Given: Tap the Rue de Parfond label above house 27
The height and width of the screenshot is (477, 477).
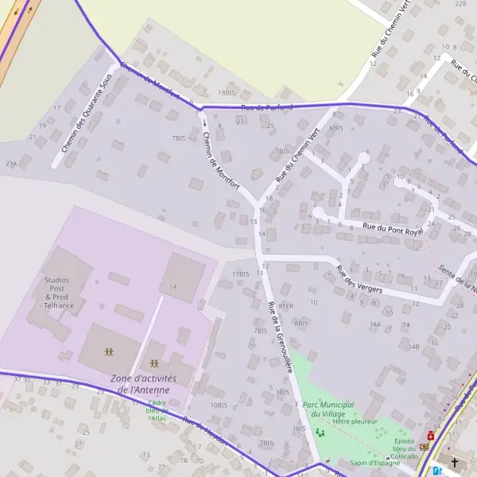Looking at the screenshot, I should pyautogui.click(x=266, y=107).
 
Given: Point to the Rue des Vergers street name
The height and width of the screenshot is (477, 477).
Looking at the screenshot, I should pyautogui.click(x=359, y=280).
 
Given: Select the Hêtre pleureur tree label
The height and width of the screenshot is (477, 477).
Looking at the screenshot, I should pyautogui.click(x=355, y=421).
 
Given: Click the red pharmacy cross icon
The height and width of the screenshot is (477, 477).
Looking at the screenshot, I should pyautogui.click(x=431, y=436).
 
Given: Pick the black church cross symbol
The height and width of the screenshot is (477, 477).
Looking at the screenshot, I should pyautogui.click(x=455, y=462).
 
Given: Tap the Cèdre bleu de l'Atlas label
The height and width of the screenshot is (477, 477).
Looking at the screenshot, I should pyautogui.click(x=157, y=410).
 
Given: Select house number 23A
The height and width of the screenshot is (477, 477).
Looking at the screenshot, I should pyautogui.click(x=11, y=163).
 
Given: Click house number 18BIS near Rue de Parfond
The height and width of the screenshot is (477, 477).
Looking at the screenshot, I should pyautogui.click(x=227, y=93).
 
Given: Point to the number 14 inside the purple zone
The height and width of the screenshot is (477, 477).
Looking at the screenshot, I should pyautogui.click(x=173, y=286).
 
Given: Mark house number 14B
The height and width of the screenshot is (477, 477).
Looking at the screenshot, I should pyautogui.click(x=413, y=347).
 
